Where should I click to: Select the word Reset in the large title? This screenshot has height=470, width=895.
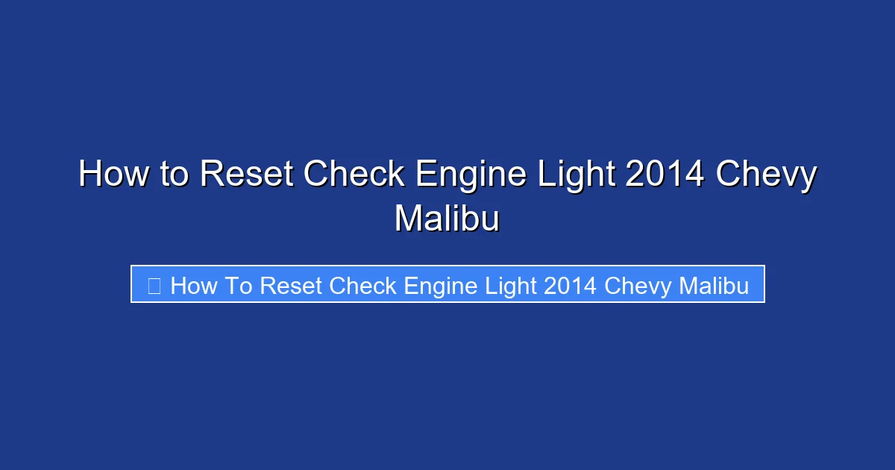248,175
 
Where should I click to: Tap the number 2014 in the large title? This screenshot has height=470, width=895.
665,175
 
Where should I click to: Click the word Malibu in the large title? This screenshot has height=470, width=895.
447,219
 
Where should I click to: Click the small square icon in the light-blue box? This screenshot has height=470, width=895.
154,285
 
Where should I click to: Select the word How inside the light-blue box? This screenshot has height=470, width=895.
193,285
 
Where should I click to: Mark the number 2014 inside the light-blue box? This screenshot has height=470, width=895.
571,285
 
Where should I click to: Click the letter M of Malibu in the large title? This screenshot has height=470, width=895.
409,219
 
